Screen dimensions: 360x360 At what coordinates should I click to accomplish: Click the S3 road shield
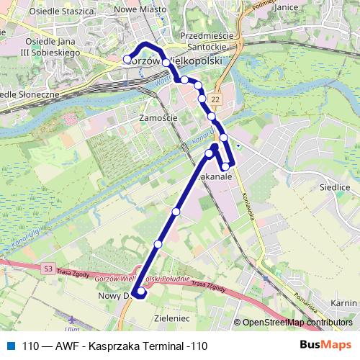click(x=48, y=269)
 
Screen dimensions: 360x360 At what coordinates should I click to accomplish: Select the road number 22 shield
click(x=217, y=97)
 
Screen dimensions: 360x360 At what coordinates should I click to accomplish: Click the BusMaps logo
click(x=325, y=345)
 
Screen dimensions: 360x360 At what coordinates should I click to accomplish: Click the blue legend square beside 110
click(x=10, y=346)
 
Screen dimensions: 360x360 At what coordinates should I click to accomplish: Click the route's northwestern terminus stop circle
click(x=128, y=59)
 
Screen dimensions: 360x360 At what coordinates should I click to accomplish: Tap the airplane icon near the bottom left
click(x=70, y=320)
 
